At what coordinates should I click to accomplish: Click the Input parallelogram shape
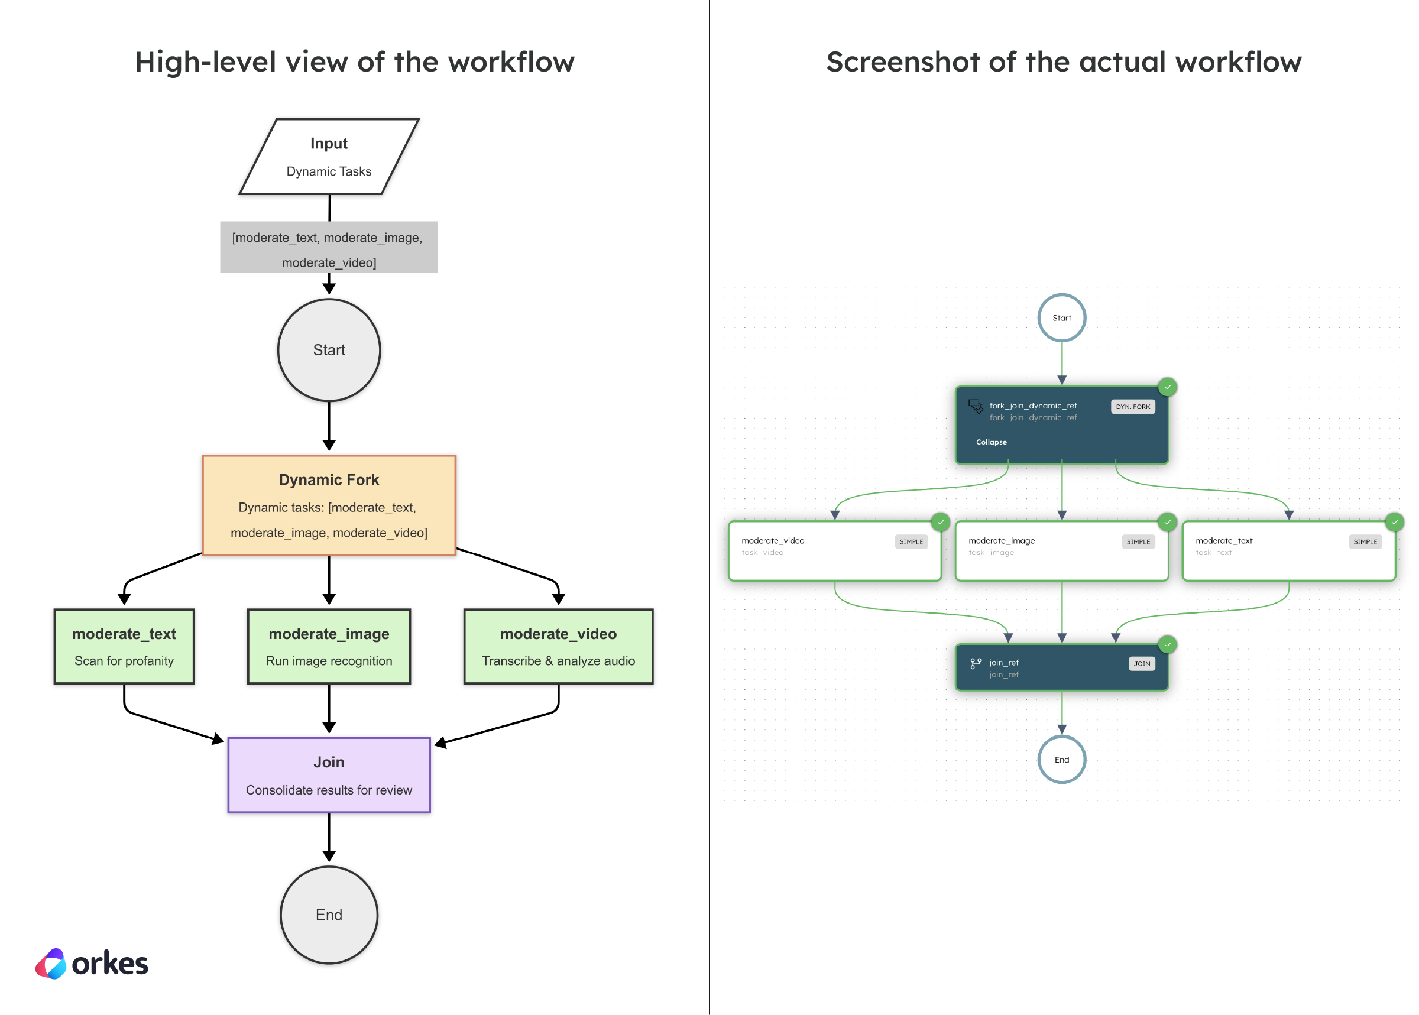[329, 156]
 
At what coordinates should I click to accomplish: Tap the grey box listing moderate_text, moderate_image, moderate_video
[329, 247]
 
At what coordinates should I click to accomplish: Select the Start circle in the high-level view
[329, 350]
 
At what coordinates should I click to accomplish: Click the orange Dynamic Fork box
[329, 505]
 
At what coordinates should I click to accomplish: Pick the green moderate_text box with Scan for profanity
[124, 646]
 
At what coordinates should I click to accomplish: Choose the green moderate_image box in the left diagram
[329, 646]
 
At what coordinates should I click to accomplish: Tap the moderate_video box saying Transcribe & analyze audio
[558, 646]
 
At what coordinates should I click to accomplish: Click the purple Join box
[329, 775]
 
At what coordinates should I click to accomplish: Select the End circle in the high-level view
[329, 915]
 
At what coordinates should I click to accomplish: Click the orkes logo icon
[51, 963]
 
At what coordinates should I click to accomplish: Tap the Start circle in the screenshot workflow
[1061, 317]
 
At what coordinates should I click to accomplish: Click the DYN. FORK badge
[1132, 406]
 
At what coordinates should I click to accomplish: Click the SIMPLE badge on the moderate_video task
[911, 541]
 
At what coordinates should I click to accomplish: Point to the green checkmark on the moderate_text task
[1394, 522]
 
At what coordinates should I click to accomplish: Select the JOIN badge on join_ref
[1142, 664]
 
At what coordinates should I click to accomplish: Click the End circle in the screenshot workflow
[1061, 760]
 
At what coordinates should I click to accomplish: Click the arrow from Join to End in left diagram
[329, 838]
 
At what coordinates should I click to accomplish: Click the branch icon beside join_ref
[975, 664]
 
